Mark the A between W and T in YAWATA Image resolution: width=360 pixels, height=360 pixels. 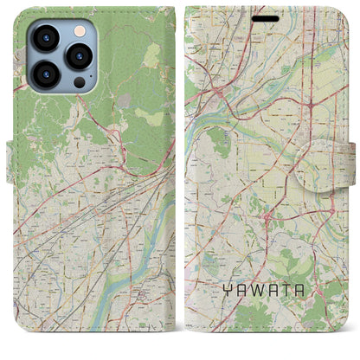click(271, 292)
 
